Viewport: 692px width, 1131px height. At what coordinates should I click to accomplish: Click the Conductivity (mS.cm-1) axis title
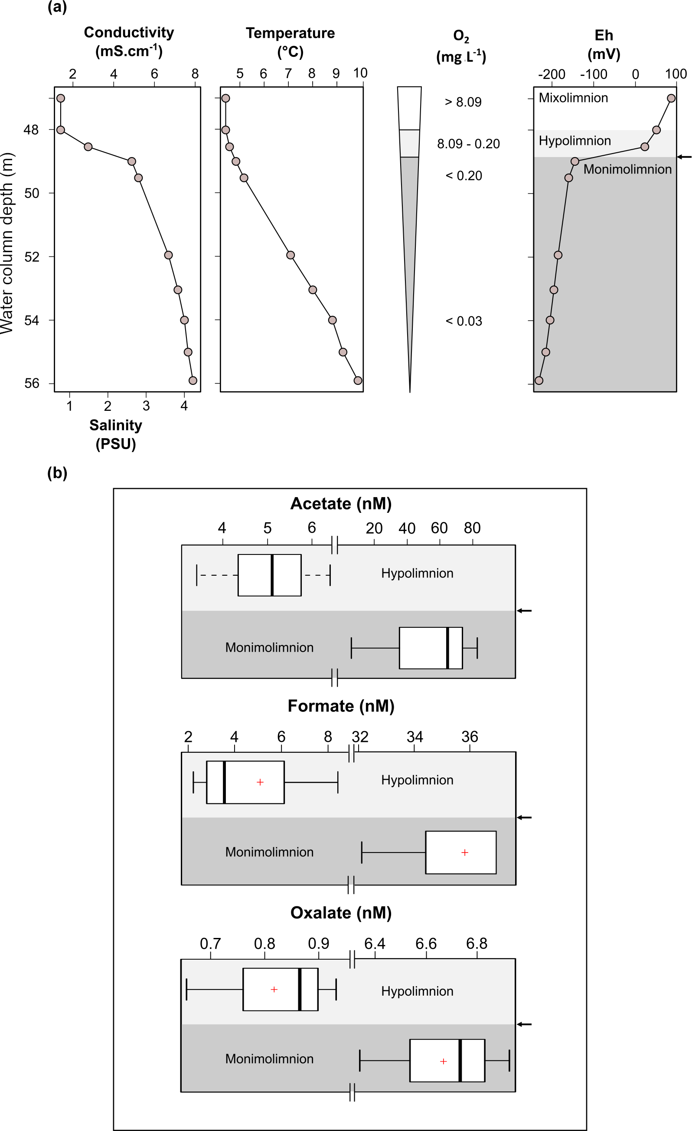coord(129,41)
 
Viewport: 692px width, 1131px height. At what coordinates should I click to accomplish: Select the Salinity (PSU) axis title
coord(116,434)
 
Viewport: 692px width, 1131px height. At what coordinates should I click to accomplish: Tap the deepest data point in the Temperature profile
coord(358,380)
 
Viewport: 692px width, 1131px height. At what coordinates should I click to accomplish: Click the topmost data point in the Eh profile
coord(671,98)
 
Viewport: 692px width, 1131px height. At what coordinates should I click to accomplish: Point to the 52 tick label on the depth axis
coord(32,257)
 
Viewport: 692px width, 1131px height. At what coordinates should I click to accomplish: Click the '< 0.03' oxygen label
coord(464,321)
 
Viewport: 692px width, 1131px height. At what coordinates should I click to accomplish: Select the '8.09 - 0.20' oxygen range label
coord(468,144)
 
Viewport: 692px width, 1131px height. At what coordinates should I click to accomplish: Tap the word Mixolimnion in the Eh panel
coord(573,98)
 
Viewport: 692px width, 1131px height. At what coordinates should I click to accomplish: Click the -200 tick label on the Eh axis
coord(552,74)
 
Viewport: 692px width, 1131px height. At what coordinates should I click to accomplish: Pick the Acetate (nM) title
coord(341,504)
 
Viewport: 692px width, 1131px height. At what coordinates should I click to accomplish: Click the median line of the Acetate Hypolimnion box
coord(272,575)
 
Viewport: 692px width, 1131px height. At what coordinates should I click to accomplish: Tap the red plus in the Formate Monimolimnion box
coord(464,852)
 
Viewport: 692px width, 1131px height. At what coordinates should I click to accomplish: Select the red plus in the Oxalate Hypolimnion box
coord(274,989)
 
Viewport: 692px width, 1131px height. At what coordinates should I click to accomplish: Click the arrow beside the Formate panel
coord(524,817)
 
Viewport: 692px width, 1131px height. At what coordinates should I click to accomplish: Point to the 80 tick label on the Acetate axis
coord(472,528)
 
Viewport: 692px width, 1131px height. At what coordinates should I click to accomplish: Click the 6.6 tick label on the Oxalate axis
coord(426,943)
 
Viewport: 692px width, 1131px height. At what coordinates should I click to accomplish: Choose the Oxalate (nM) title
coord(341,912)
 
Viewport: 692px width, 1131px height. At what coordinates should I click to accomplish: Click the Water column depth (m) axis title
coord(7,243)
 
